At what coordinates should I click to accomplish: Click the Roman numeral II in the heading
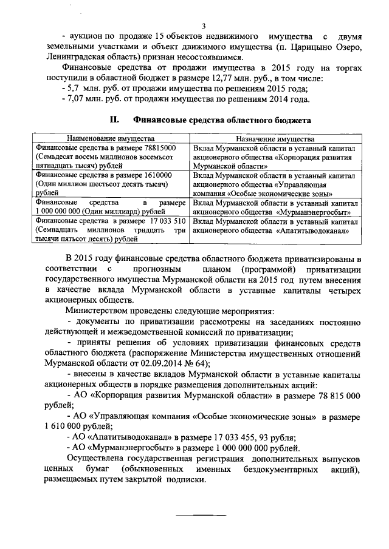(x=112, y=121)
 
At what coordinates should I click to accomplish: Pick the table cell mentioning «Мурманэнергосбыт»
(x=275, y=208)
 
